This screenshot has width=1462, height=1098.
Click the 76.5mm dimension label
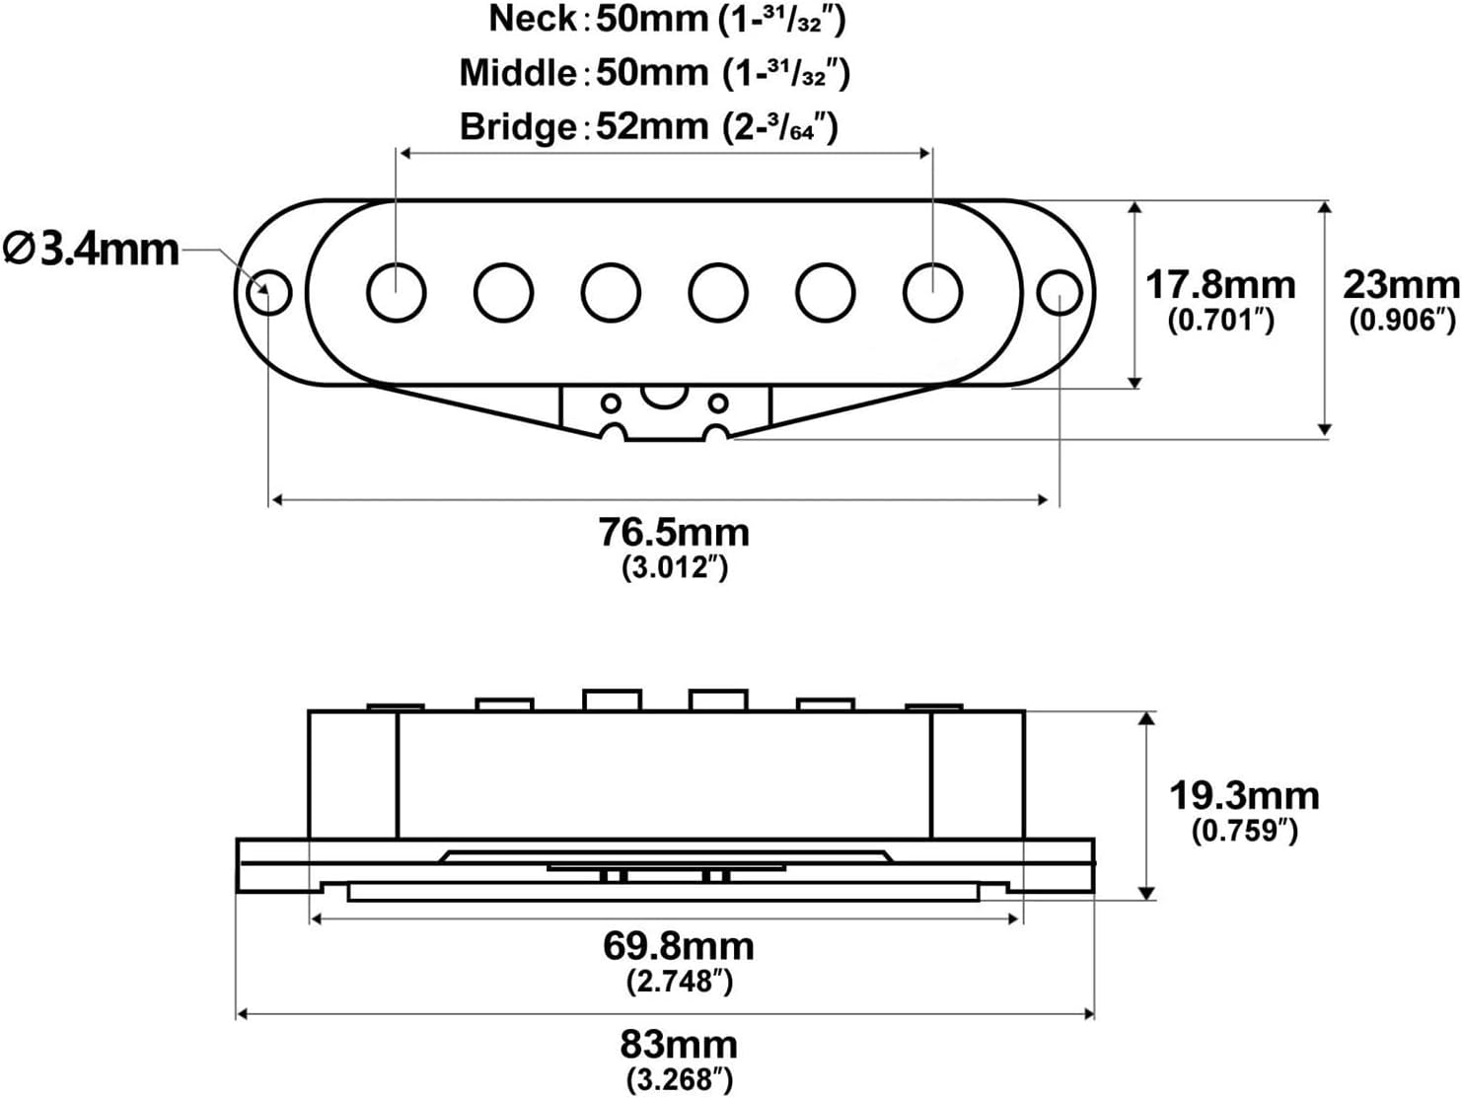coord(674,533)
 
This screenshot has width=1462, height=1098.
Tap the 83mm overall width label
coord(679,1044)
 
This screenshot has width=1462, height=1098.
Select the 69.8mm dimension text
coord(679,946)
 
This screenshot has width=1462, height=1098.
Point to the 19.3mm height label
coord(1244,796)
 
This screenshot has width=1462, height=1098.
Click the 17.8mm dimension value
coord(1220,285)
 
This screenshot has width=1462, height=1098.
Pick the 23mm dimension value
coord(1401,285)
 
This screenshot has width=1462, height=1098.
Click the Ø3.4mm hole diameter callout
coord(91,249)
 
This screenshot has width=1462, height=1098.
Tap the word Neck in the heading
coord(533,19)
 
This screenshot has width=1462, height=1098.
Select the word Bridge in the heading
coord(518,127)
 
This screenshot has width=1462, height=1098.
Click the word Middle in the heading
coord(517,73)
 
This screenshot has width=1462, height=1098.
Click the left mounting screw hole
coord(268,292)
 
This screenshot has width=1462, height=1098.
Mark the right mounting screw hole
coord(1060,293)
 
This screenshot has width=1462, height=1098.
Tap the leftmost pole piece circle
coord(396,293)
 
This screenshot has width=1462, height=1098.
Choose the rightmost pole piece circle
coord(932,293)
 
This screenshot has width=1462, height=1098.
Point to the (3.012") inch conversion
coord(675,568)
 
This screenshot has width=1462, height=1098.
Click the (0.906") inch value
coord(1401,321)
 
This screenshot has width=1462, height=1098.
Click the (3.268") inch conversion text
coord(680,1078)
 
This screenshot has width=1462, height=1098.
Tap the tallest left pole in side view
coord(612,700)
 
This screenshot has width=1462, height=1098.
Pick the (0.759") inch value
coord(1244,831)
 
